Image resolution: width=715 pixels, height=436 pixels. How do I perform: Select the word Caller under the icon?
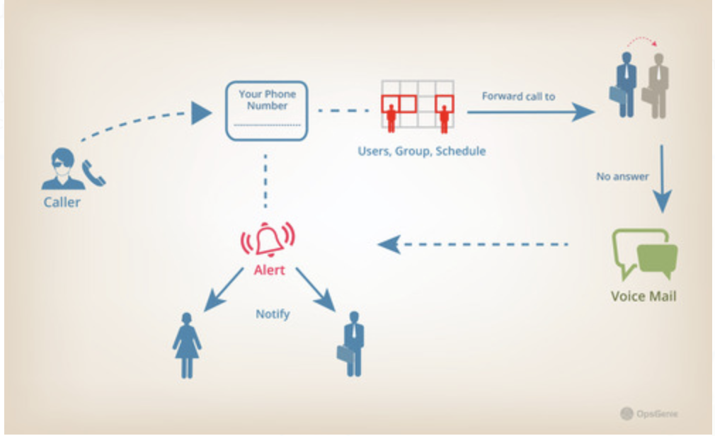(62, 202)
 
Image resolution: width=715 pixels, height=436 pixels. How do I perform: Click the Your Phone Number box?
(266, 110)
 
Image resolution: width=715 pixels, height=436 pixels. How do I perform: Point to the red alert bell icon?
(268, 239)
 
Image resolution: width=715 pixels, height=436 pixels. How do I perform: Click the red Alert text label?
(269, 270)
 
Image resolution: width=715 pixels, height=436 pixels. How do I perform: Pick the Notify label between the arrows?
(273, 314)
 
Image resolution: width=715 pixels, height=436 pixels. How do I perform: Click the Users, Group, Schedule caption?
(422, 151)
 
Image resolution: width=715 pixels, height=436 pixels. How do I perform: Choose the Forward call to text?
(518, 96)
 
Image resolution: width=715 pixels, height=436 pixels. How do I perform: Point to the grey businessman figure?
(656, 85)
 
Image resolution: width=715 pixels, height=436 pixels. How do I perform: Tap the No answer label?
(622, 176)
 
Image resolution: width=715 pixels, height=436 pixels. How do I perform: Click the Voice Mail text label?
(643, 296)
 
